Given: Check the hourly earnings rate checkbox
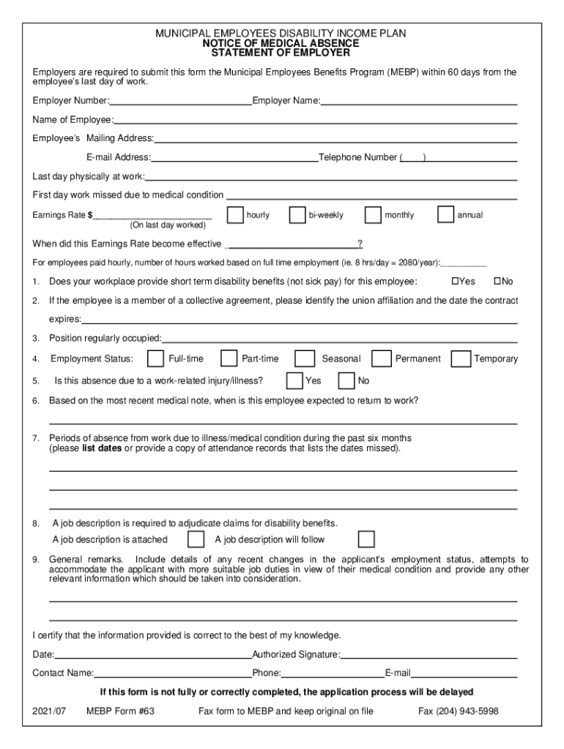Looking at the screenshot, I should (x=235, y=215).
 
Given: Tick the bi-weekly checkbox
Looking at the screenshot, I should (x=297, y=215).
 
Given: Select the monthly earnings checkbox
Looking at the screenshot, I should (x=373, y=215).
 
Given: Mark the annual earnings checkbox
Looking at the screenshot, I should (x=445, y=215).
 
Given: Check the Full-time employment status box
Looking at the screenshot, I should (x=155, y=358).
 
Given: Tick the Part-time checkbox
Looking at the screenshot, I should (x=229, y=358).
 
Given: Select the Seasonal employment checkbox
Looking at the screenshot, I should (x=303, y=358).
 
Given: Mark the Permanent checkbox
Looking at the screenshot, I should (x=381, y=358).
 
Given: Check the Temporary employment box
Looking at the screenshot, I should (x=461, y=358).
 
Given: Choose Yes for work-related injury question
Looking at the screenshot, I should (x=294, y=380).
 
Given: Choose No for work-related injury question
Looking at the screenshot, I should (x=346, y=380).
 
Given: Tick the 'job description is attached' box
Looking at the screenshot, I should (x=196, y=539).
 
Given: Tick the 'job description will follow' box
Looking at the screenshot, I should (x=366, y=539).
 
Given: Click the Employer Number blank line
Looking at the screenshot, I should (x=180, y=102).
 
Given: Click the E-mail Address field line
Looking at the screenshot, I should (x=234, y=158).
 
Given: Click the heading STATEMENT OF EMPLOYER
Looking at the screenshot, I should (x=281, y=53).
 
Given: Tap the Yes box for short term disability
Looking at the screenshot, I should (x=454, y=282).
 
